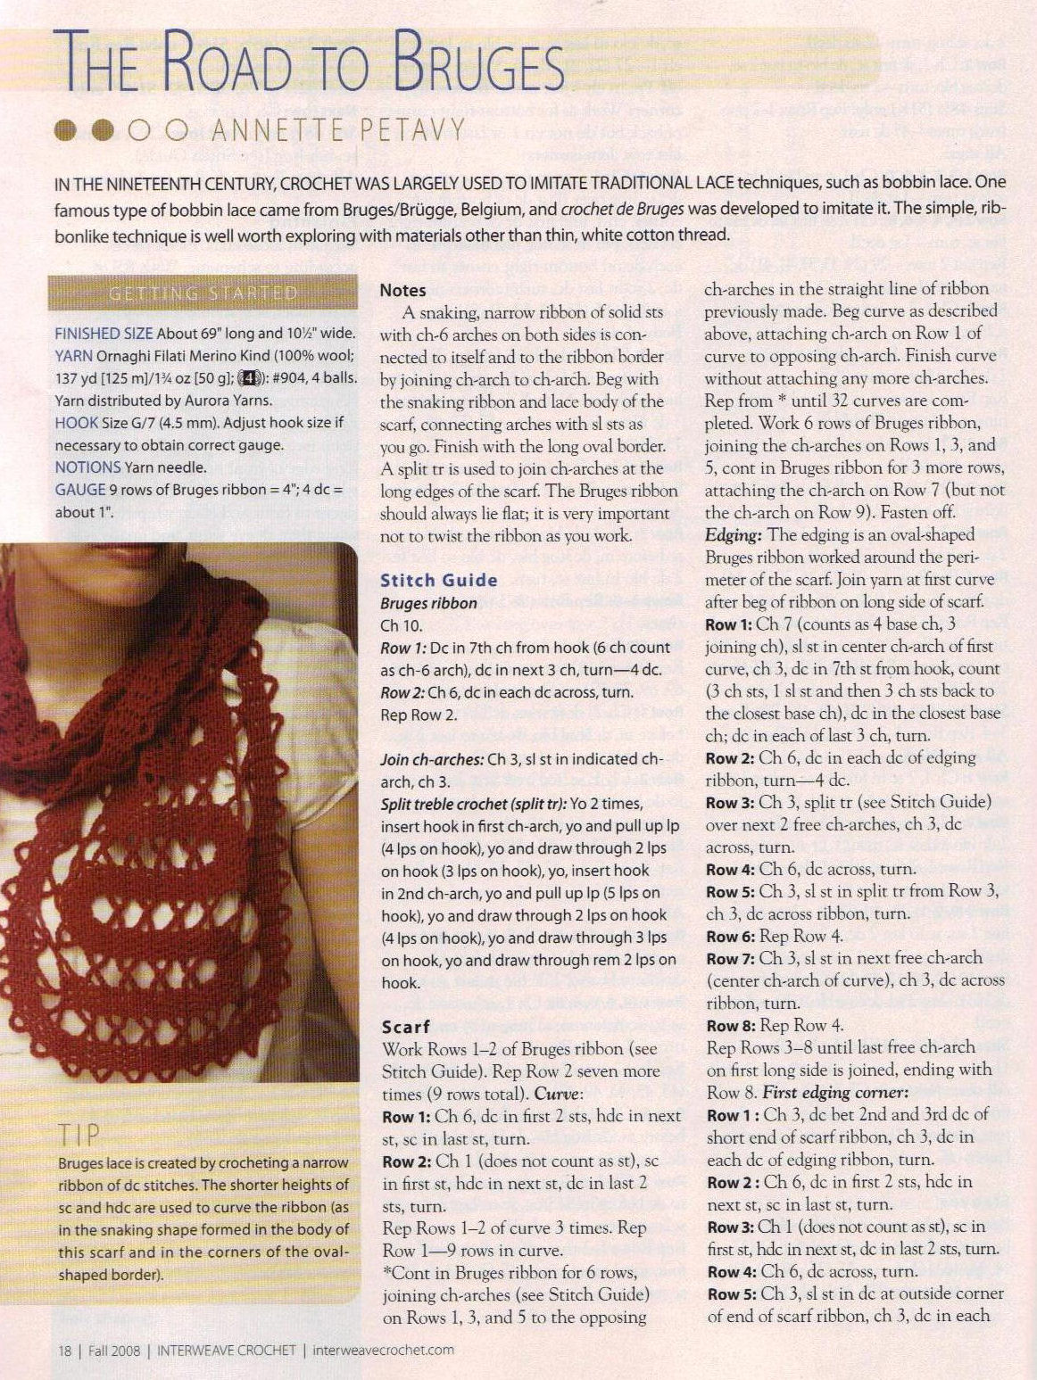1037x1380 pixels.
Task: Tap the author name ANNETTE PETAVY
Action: [338, 131]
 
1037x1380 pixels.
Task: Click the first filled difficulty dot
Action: [66, 131]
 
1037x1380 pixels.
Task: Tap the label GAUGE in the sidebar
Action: [79, 489]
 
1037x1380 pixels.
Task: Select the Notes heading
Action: [402, 290]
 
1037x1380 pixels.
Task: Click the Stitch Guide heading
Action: [438, 580]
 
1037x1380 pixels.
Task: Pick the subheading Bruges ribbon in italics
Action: [428, 603]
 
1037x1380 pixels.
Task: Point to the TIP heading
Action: [79, 1135]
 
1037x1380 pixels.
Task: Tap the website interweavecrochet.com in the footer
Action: [383, 1350]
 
